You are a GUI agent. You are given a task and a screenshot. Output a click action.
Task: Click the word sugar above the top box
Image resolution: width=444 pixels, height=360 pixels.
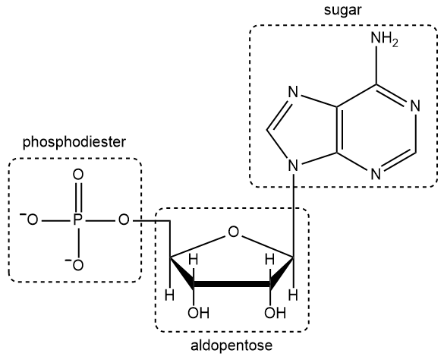(342, 11)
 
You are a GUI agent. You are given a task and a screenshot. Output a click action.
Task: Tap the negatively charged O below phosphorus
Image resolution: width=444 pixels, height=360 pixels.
(77, 264)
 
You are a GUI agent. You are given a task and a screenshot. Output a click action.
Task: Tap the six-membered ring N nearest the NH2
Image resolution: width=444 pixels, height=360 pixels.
(415, 106)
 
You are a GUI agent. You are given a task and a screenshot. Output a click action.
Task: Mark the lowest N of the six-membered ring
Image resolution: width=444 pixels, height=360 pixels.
(376, 173)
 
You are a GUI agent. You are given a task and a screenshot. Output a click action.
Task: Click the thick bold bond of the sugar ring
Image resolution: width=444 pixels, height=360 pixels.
(231, 286)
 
